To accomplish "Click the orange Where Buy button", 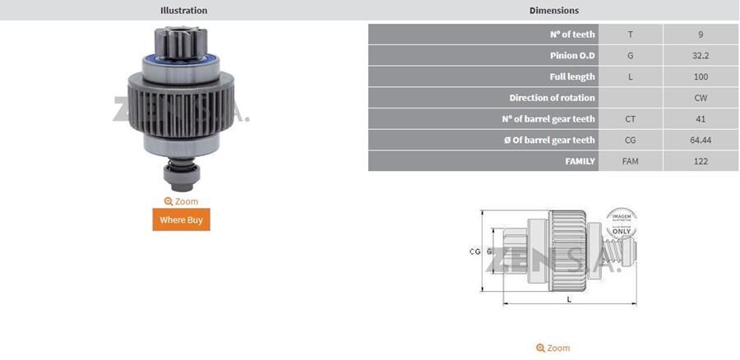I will (x=181, y=219).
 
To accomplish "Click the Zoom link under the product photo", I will (x=181, y=201).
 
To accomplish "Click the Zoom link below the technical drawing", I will (x=553, y=348).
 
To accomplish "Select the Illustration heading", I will (x=183, y=11).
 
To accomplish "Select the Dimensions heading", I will (x=553, y=11).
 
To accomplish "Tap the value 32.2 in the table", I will (x=700, y=56).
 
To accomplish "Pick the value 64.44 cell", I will (x=700, y=141).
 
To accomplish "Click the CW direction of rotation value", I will (x=700, y=98).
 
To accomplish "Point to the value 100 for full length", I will (x=700, y=76).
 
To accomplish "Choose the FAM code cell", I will (x=630, y=161).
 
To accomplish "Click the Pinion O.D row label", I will (x=572, y=56).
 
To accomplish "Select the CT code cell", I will (x=630, y=119).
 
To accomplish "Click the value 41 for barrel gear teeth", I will (x=700, y=119).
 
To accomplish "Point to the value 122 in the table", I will (x=700, y=161).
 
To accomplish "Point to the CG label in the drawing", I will (x=474, y=252).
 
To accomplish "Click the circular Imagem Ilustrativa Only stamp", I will (x=621, y=223).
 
